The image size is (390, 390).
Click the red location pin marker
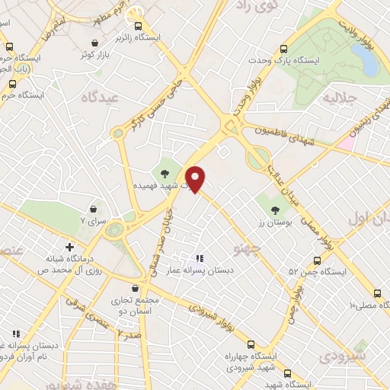click(196, 178)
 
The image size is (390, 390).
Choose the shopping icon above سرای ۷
click(93, 208)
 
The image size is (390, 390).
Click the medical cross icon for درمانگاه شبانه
click(69, 246)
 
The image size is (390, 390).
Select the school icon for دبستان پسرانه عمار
click(200, 258)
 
